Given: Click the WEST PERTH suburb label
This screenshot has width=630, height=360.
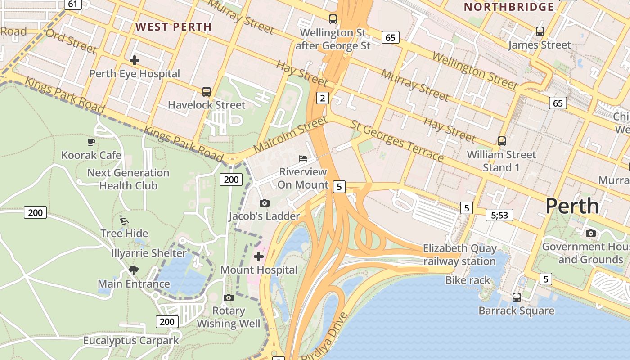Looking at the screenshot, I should pyautogui.click(x=174, y=27).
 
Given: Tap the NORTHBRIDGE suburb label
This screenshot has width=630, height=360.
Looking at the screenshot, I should pyautogui.click(x=509, y=7).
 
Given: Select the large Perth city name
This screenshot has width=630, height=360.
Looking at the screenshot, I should pyautogui.click(x=572, y=206).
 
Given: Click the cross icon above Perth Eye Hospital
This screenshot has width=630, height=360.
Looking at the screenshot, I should pyautogui.click(x=134, y=60).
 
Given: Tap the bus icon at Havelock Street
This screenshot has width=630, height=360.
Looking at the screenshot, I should pyautogui.click(x=207, y=92).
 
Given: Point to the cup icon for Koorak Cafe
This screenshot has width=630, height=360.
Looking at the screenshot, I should pyautogui.click(x=91, y=142).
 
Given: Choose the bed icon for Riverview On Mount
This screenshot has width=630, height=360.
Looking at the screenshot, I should pyautogui.click(x=303, y=158).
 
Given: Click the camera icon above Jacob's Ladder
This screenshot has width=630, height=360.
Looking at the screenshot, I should pyautogui.click(x=265, y=203).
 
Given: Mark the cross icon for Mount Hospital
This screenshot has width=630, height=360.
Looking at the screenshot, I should pyautogui.click(x=259, y=256).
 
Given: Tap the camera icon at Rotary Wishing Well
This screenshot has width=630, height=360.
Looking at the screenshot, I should pyautogui.click(x=229, y=297).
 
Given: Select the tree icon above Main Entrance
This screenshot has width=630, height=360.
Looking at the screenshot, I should pyautogui.click(x=133, y=270).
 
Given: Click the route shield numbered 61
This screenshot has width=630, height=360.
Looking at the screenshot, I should pyautogui.click(x=72, y=4).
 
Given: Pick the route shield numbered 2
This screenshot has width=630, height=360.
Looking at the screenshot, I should pyautogui.click(x=322, y=98).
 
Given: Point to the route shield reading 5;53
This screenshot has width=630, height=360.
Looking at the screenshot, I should pyautogui.click(x=499, y=215).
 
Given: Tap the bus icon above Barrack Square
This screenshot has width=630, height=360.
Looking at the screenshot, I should pyautogui.click(x=517, y=297).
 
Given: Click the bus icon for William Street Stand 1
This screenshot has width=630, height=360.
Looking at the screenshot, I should pyautogui.click(x=502, y=141).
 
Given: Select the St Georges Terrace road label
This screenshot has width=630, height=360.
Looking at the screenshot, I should pyautogui.click(x=397, y=141).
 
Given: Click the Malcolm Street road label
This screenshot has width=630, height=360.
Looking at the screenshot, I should pyautogui.click(x=290, y=134).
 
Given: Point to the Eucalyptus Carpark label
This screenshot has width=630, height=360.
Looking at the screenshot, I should pyautogui.click(x=131, y=341).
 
